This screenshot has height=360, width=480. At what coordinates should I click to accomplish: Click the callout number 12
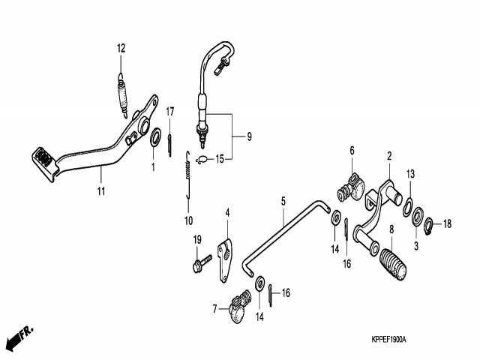coord(121,48)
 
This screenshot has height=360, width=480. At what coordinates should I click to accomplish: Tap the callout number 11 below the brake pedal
coord(101,191)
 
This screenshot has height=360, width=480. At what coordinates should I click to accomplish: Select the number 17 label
coord(170,112)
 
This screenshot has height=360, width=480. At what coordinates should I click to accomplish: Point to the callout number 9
coord(248,137)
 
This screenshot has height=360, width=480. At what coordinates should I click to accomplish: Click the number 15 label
coord(220,159)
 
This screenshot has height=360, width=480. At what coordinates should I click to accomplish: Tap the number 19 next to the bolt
coord(198,239)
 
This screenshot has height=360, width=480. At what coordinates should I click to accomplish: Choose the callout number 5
coord(283,201)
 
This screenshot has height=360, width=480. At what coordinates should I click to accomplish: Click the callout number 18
coord(447,223)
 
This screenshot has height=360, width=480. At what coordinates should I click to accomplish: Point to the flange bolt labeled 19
coord(200,263)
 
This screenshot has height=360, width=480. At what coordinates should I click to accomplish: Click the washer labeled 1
coord(156,138)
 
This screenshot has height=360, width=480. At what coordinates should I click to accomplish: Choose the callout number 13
coord(410,174)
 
